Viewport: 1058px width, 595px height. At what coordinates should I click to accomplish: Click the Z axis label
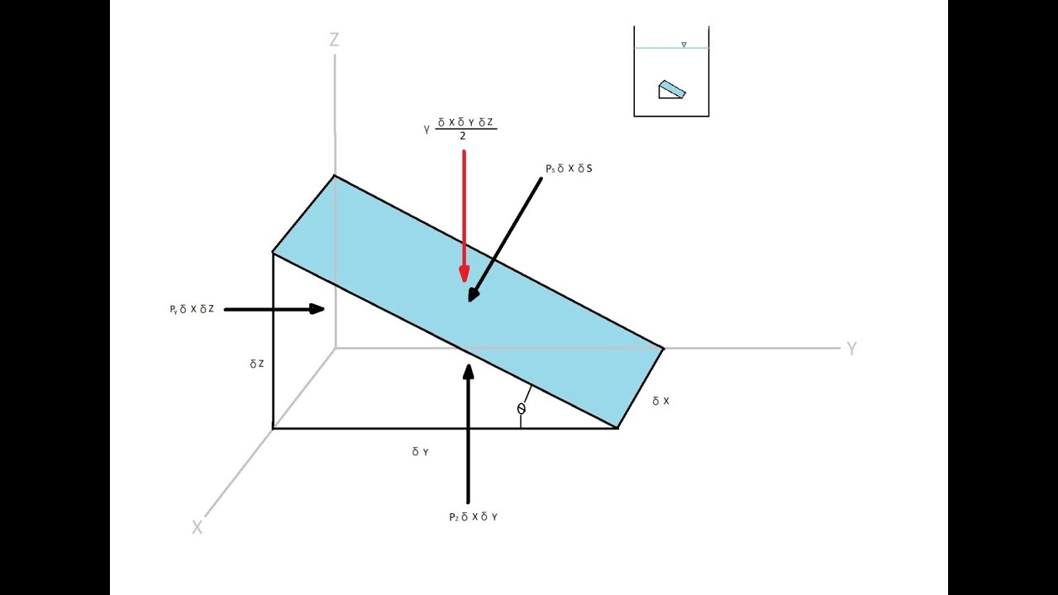334,40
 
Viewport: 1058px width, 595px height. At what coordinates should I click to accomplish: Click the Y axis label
851,349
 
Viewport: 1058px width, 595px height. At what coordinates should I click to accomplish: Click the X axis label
197,527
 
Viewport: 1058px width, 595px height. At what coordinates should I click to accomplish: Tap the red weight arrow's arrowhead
465,274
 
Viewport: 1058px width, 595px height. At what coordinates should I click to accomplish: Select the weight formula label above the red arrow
461,129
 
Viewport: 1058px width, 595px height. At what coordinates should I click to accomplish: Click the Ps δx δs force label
569,169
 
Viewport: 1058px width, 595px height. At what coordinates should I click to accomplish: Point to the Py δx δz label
191,309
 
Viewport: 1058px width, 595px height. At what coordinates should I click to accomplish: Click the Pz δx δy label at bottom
473,516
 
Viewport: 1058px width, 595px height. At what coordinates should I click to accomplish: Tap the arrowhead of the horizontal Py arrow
317,309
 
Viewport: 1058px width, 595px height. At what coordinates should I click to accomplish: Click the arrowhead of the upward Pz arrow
469,372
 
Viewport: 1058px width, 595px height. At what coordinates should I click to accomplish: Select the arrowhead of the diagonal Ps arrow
474,294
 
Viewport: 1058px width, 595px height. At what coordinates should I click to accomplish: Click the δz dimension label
257,363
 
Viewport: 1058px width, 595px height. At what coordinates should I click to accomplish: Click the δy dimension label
420,452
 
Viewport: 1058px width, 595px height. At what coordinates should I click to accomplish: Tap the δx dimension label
660,401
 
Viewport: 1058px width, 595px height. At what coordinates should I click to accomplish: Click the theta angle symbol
521,408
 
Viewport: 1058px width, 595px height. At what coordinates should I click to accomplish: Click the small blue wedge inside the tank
672,89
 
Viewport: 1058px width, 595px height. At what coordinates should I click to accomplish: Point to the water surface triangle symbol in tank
684,45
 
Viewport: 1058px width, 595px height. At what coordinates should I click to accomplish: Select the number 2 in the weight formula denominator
463,136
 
